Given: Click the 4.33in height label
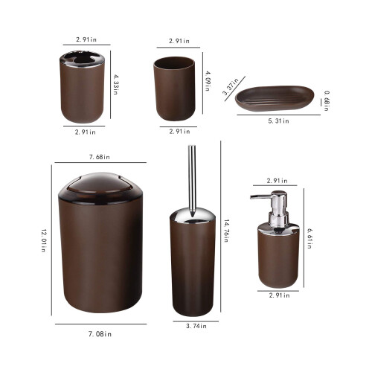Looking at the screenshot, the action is [x=115, y=85].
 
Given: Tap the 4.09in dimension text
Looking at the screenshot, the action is [x=208, y=81].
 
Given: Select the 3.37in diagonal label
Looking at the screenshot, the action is [x=231, y=86].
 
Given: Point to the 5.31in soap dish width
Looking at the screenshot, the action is [x=278, y=121].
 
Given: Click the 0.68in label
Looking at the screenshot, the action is [x=327, y=100].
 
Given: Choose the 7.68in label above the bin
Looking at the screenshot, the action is [x=100, y=157].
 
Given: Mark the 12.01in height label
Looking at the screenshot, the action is [x=44, y=240].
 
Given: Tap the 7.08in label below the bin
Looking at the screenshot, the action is [x=100, y=334].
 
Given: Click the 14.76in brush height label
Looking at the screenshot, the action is [x=226, y=231].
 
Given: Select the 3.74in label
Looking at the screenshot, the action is [x=196, y=326].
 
